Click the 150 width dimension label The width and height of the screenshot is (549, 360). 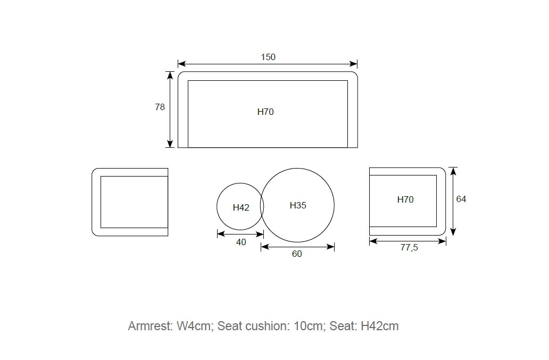(268, 57)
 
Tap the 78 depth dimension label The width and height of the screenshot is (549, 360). (160, 107)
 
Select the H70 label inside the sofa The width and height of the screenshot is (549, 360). (265, 112)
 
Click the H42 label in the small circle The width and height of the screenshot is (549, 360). (241, 208)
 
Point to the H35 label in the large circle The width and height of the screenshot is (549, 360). (298, 205)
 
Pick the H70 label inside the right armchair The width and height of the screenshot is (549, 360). (405, 199)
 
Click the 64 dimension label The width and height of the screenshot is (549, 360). (461, 199)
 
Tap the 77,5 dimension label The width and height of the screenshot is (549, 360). (409, 248)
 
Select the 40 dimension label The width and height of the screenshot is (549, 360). (241, 242)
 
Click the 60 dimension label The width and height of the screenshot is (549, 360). (297, 254)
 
